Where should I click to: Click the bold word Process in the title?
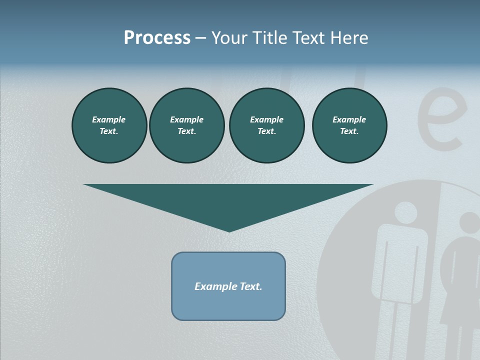click(x=157, y=37)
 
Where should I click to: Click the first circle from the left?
click(x=109, y=125)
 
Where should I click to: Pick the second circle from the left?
click(x=186, y=125)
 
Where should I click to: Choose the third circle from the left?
click(x=266, y=125)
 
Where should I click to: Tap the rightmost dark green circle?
click(x=349, y=125)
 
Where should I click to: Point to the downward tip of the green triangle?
click(x=229, y=231)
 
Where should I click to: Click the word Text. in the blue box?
click(x=251, y=286)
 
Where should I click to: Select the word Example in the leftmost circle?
click(x=109, y=119)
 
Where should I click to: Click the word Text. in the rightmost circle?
click(x=349, y=131)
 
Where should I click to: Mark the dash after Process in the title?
click(x=200, y=38)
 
